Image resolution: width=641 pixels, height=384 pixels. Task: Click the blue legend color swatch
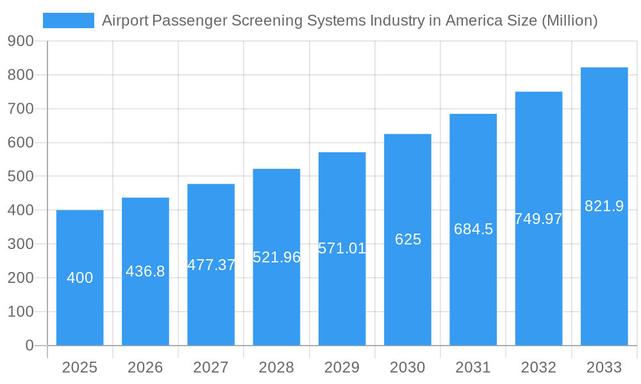68,20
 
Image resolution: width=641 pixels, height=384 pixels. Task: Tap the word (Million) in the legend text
569,20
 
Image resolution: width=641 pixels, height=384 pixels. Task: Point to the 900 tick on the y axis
21,42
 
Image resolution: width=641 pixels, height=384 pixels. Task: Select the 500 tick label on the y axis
21,177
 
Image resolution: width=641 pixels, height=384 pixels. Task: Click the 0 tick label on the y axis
29,346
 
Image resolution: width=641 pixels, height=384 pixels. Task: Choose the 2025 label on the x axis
79,367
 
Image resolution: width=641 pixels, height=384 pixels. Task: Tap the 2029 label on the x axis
342,367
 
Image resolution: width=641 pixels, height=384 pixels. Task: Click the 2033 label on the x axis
604,367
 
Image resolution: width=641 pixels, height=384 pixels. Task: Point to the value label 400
80,278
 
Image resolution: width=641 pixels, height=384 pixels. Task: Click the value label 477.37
211,265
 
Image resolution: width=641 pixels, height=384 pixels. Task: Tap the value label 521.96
276,257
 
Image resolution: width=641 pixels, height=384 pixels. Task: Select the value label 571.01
342,248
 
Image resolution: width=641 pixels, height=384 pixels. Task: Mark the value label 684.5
473,229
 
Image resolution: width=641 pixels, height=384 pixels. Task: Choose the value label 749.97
538,219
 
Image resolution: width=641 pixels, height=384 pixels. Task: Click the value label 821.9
604,206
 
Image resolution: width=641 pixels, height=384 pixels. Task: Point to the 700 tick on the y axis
21,109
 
